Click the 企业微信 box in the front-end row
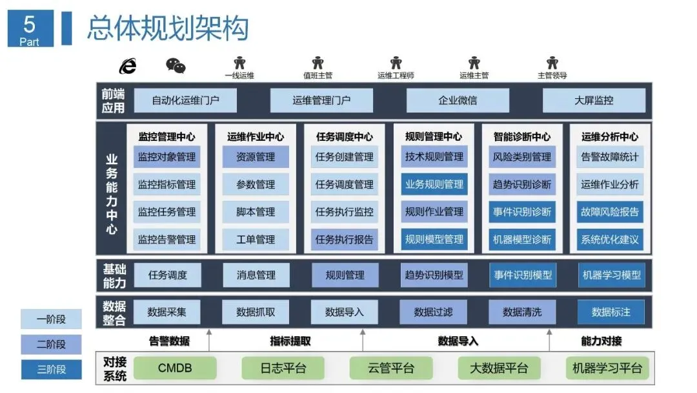point(458,101)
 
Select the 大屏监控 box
point(594,101)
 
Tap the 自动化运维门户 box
point(185,101)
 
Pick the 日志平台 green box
point(283,368)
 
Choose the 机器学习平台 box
point(607,368)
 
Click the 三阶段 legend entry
point(51,370)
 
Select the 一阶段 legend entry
point(51,319)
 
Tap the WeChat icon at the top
point(176,65)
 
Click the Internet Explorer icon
point(128,65)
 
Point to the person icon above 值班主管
point(318,63)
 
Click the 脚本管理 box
point(256,211)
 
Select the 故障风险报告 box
point(609,211)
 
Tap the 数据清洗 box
point(521,312)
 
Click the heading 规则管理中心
point(433,136)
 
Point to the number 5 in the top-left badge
point(29,25)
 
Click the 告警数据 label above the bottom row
point(169,341)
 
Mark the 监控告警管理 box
point(167,239)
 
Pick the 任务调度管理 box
point(344,184)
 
